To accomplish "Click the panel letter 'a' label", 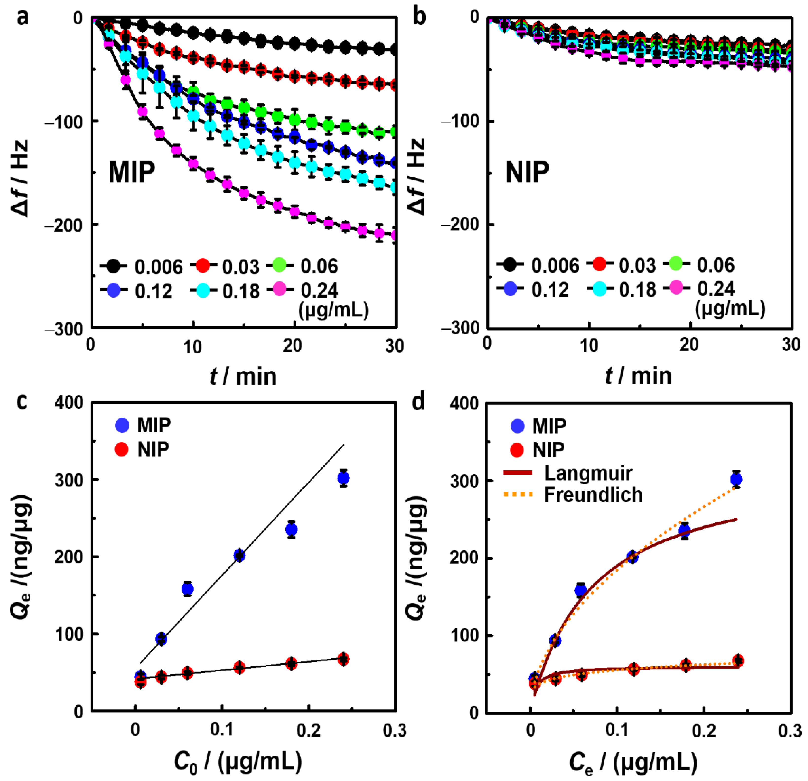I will click(x=23, y=19).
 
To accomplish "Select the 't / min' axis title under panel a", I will click(x=243, y=376).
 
